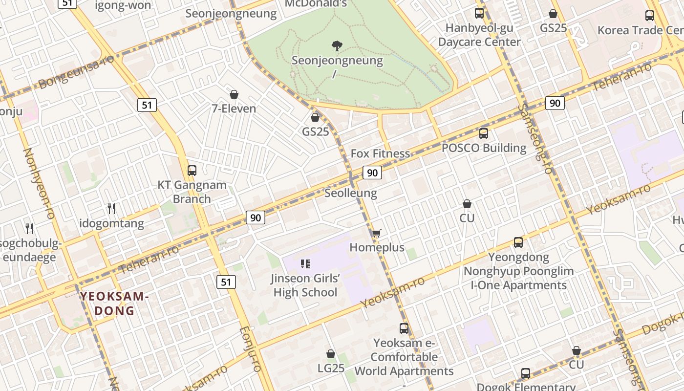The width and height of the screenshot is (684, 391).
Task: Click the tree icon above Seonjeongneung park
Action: coord(337,46)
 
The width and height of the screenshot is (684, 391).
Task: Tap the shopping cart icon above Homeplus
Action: coord(376,234)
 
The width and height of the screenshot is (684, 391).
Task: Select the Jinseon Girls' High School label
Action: coord(305,285)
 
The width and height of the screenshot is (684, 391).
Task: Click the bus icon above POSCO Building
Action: coord(483,133)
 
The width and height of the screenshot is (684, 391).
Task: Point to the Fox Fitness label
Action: coord(380,153)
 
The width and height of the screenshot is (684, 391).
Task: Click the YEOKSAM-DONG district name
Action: coord(114,304)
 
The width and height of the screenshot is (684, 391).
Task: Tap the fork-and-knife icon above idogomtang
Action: coord(111,209)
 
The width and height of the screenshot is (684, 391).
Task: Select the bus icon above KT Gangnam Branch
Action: coord(192,171)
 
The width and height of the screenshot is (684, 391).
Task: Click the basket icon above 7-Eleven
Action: coord(234,94)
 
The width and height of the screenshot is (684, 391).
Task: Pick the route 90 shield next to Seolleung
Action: coord(372,173)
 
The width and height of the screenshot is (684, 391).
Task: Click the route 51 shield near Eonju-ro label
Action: coord(226,282)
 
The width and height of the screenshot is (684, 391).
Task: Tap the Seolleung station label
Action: coord(351,193)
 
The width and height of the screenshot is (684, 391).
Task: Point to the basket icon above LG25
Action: coord(331,354)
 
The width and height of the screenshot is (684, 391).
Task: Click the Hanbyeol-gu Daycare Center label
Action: coord(479,35)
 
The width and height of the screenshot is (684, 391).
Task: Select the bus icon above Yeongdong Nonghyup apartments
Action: coord(518,242)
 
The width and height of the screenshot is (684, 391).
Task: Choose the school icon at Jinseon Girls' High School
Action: coord(305,264)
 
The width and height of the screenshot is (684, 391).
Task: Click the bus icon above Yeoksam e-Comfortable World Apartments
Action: coord(404,328)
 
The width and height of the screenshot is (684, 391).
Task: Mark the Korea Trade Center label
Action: coord(640,30)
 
